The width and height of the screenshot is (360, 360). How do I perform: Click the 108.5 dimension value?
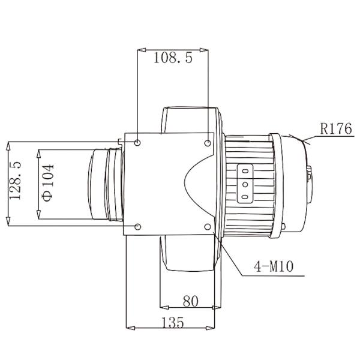(x=173, y=58)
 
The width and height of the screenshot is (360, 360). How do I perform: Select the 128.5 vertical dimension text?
(x=17, y=180)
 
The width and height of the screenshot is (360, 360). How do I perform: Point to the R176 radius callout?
(x=336, y=128)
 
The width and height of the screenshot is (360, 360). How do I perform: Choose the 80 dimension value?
(x=190, y=301)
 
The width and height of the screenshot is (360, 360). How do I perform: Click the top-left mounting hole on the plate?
(x=139, y=143)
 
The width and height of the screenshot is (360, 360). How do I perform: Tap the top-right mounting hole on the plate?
(x=208, y=143)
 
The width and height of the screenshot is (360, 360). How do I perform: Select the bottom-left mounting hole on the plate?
(x=139, y=226)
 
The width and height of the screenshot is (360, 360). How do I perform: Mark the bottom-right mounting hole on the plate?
(x=208, y=226)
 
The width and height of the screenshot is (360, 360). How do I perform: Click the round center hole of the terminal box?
(x=245, y=184)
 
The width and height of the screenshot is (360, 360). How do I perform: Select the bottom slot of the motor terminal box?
(x=245, y=197)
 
